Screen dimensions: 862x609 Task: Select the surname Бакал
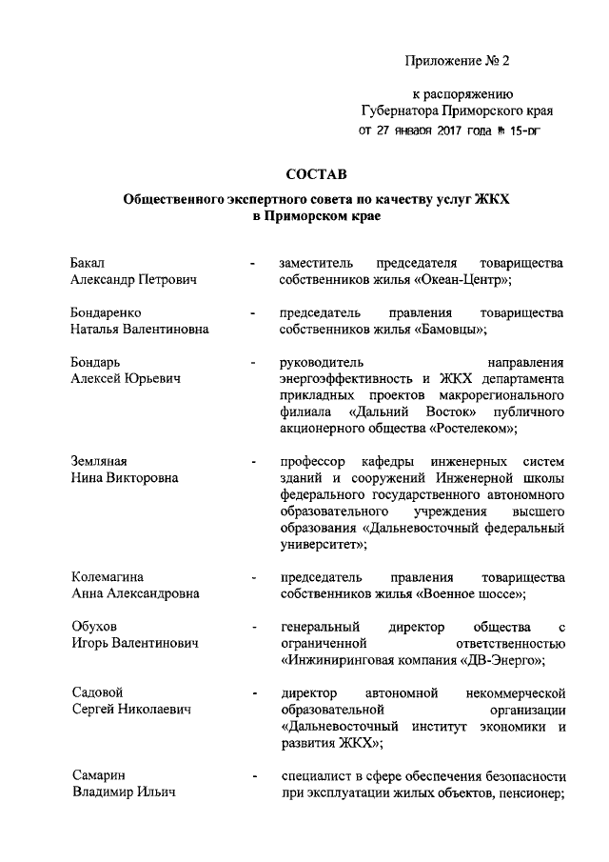pos(88,262)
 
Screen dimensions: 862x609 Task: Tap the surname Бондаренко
pos(108,312)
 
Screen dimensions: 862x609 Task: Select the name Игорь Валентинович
pos(135,644)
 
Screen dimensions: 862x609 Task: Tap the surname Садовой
pos(99,692)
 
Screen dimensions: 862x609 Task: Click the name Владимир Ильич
pos(123,792)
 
